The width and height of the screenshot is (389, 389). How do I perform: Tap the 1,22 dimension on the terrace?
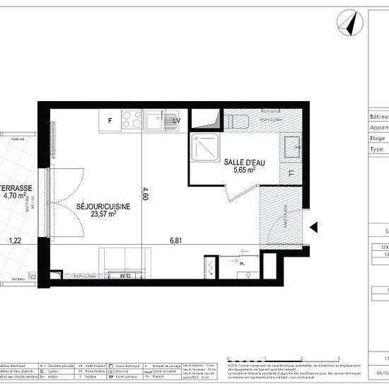15,240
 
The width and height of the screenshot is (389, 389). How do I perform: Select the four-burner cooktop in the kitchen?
132,121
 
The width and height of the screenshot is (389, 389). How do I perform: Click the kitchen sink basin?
156,121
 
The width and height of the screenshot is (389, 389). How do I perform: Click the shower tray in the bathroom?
204,148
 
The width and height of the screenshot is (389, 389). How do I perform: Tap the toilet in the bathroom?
237,120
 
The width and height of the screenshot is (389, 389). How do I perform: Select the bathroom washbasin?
291,147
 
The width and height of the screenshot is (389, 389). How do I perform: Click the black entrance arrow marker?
315,227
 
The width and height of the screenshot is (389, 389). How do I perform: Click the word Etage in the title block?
378,139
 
